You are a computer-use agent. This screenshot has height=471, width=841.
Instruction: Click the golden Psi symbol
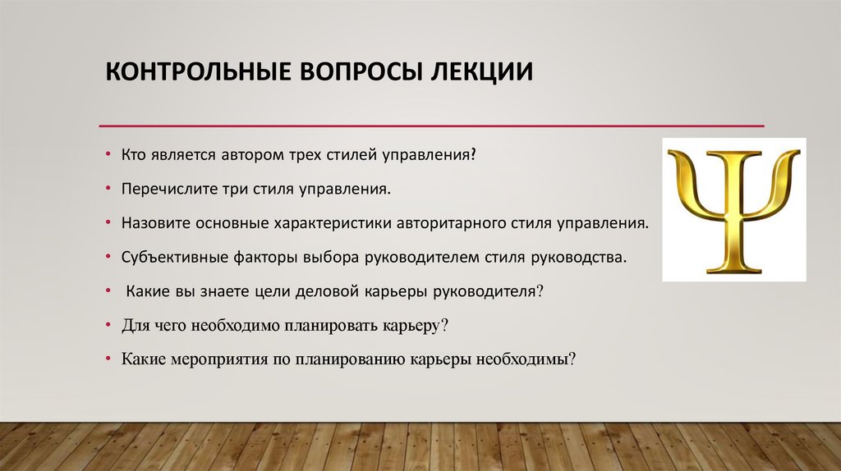tap(734, 210)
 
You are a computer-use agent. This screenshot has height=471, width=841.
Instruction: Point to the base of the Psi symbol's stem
tap(734, 268)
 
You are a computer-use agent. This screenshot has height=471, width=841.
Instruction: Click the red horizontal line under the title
tap(431, 126)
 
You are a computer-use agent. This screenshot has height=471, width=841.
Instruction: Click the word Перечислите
tap(162, 189)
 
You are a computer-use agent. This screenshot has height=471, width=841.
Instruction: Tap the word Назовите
tap(152, 222)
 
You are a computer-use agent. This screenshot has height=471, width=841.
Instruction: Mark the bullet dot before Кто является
tap(109, 155)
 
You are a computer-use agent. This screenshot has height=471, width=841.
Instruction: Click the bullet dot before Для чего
tap(109, 325)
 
